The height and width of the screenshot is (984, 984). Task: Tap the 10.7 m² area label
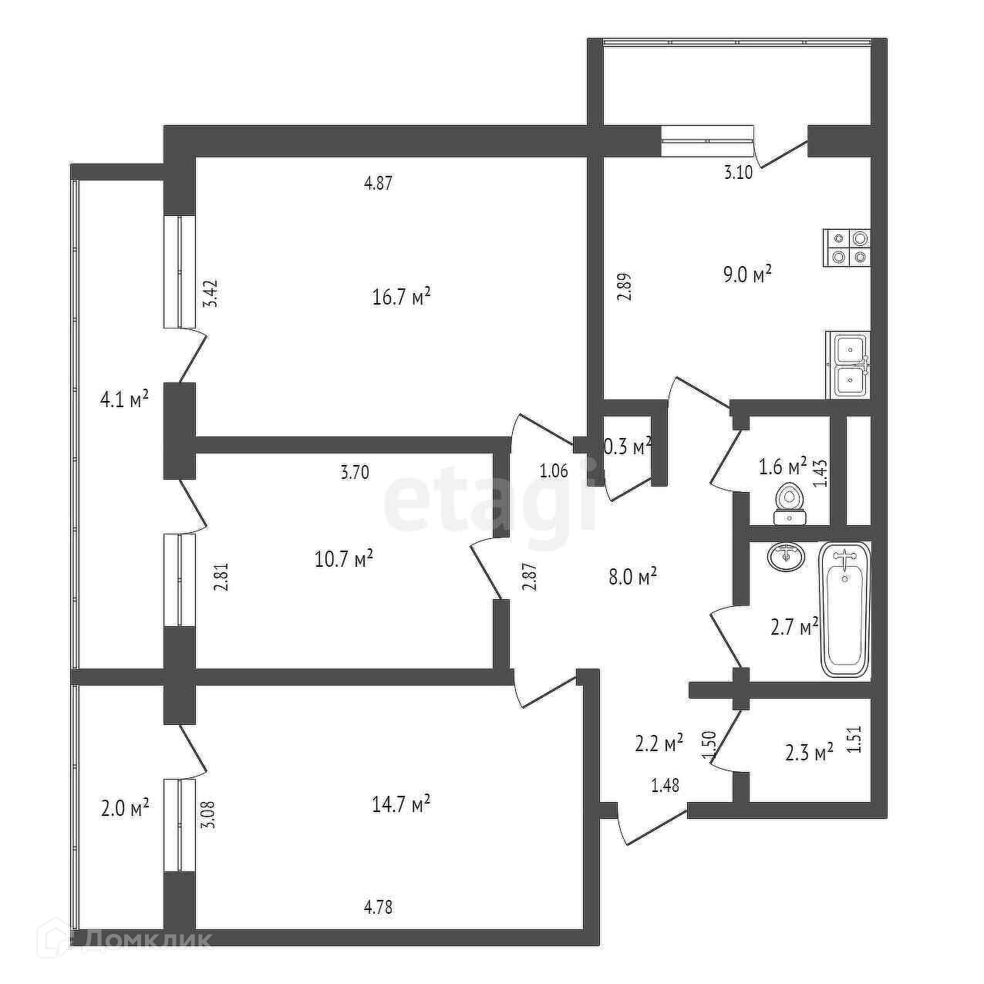click(344, 558)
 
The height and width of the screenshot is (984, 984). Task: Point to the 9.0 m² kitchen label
click(747, 275)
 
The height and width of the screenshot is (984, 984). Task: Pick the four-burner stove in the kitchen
click(847, 248)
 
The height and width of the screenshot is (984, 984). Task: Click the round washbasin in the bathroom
click(786, 555)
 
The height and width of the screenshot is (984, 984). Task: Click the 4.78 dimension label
click(378, 907)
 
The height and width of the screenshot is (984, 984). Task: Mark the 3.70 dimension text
click(355, 472)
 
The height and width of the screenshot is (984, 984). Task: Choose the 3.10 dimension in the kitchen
click(737, 173)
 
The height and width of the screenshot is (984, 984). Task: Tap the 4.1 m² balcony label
click(123, 400)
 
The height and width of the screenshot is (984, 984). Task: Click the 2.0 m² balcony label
click(124, 808)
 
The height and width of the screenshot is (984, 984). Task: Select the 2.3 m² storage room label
click(809, 752)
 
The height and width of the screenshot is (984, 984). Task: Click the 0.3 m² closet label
click(626, 445)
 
